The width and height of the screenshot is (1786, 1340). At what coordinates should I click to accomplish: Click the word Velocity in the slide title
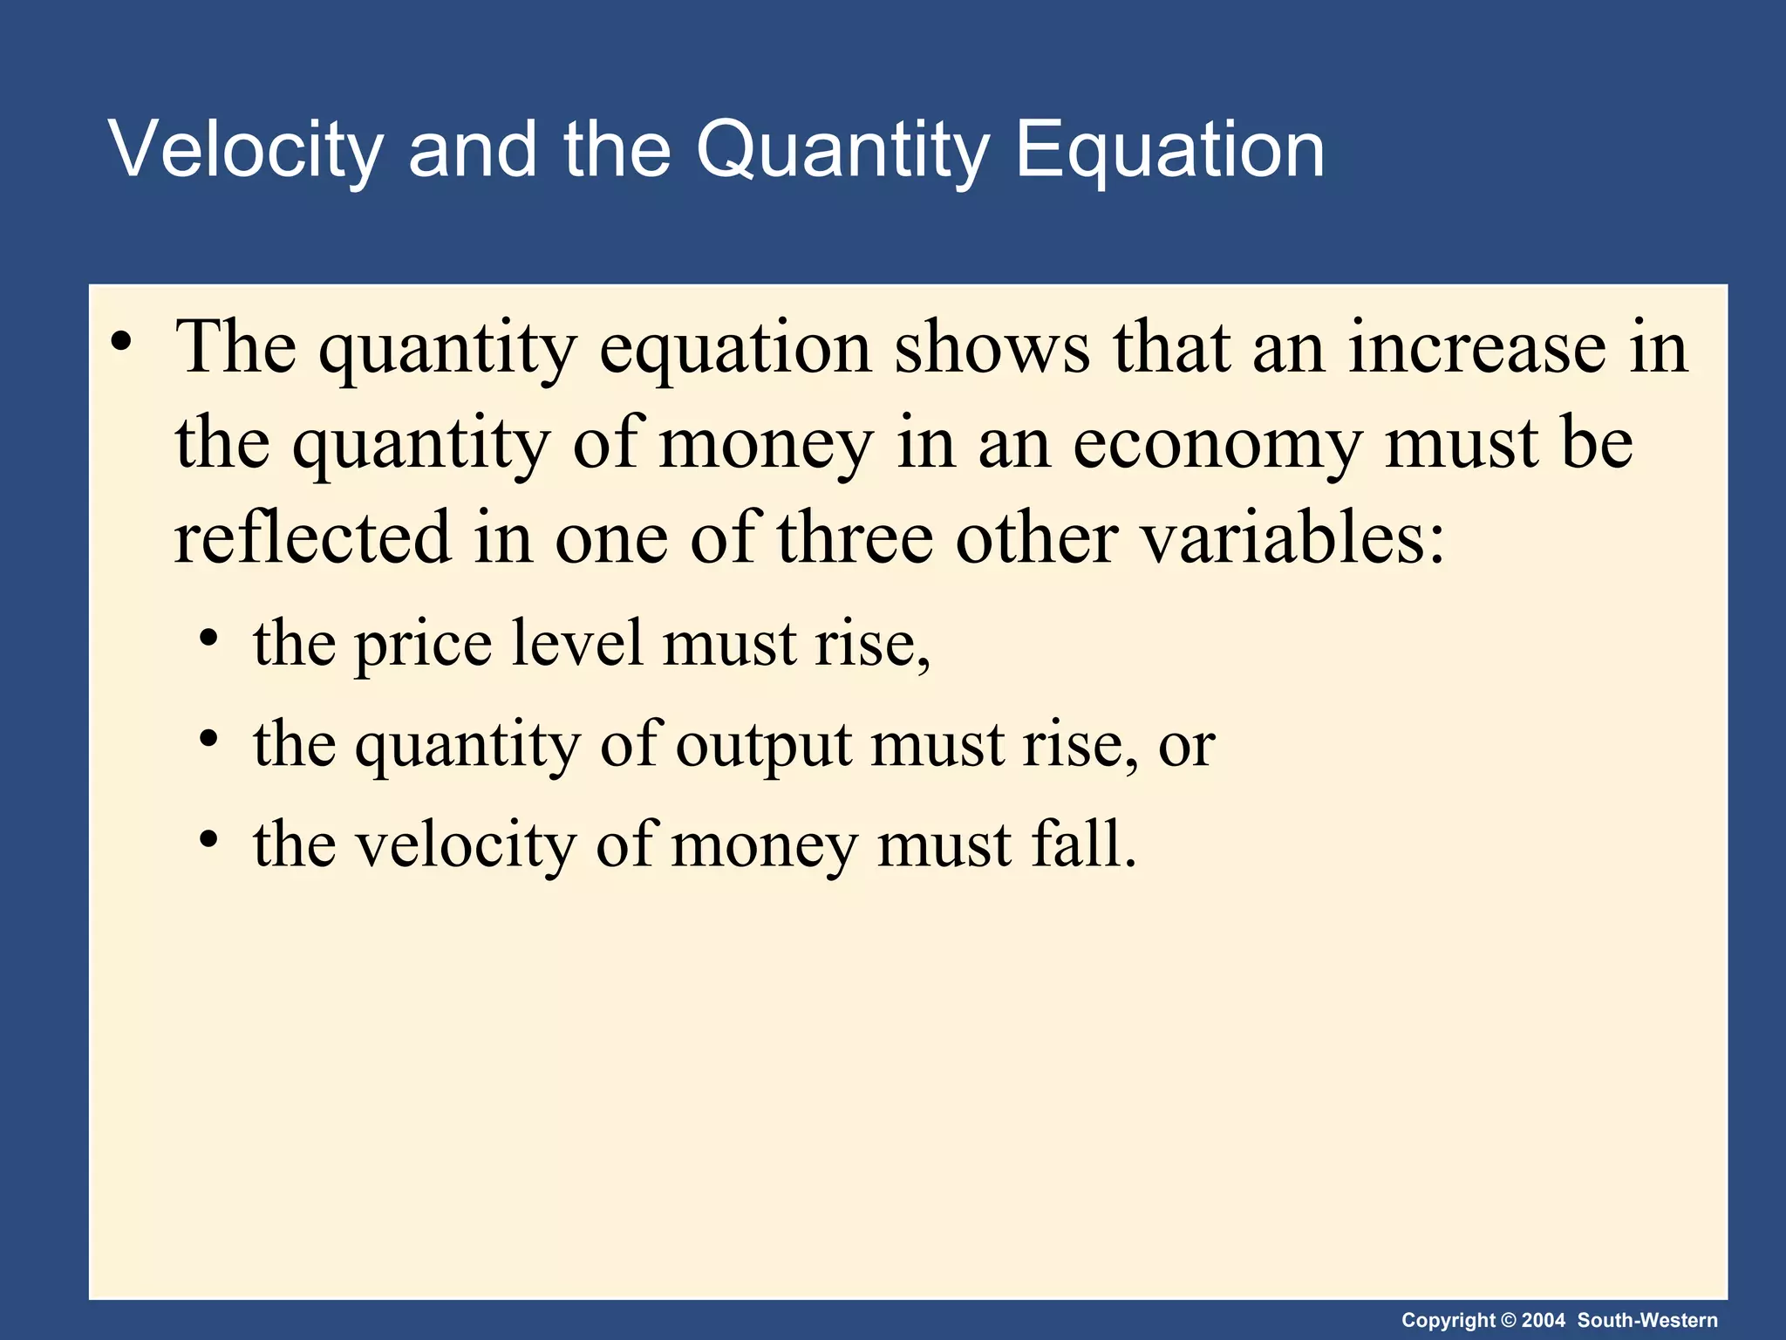[245, 150]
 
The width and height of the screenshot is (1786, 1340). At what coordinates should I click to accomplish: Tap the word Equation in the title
[1169, 150]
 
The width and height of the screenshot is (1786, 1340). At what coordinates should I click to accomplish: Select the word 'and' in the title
[472, 150]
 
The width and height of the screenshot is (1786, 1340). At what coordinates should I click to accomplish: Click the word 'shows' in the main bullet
[992, 347]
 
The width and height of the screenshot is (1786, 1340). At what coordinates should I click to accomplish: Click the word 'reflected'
[313, 537]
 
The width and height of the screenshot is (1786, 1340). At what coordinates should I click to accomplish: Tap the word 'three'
[856, 537]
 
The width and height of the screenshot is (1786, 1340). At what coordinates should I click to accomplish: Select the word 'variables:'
[1294, 537]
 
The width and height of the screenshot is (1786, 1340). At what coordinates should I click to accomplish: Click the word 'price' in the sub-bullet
[423, 644]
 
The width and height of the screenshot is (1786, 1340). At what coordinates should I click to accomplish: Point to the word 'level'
[577, 644]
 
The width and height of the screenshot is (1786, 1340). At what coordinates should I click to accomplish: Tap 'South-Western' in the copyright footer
[1647, 1320]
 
